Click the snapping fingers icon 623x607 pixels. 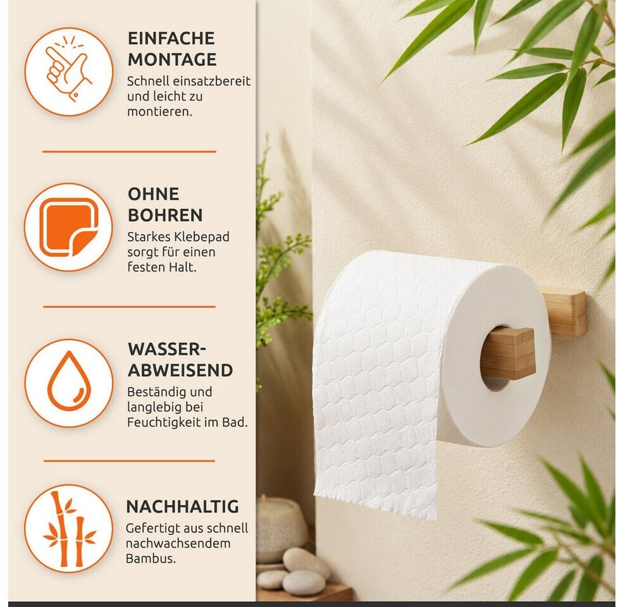point(69,72)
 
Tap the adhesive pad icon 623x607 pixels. point(69,227)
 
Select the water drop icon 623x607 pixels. point(69,383)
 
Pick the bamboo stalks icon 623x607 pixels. point(69,529)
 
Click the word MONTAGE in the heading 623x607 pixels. point(172,59)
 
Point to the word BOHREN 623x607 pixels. point(165,216)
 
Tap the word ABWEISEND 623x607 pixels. point(180,371)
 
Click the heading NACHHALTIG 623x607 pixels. point(183,506)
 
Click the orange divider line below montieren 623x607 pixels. point(130,151)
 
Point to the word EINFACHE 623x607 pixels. point(171,39)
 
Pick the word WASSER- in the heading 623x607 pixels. point(167,349)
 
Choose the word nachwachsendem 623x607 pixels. point(178,543)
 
